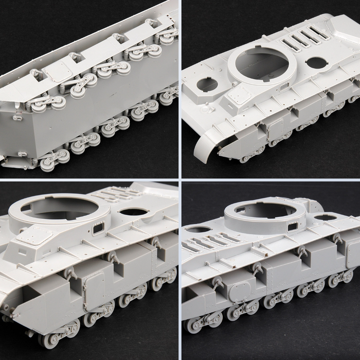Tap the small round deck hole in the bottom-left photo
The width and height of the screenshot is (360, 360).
[134, 211]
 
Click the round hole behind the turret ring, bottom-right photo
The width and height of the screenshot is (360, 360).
[326, 218]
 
